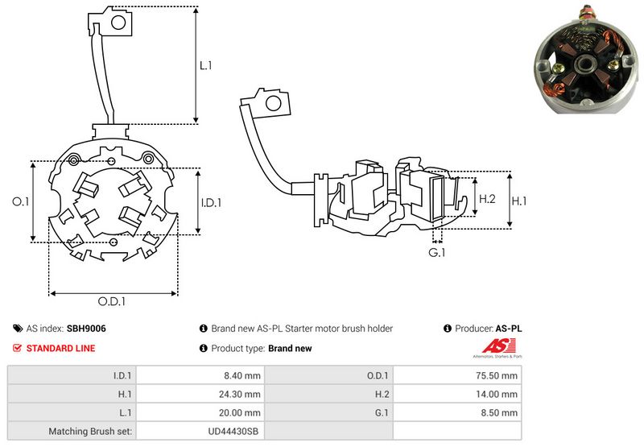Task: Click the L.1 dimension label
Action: click(205, 66)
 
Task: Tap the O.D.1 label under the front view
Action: click(114, 301)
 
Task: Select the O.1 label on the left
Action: click(21, 202)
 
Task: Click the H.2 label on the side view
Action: click(486, 198)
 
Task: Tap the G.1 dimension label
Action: click(437, 253)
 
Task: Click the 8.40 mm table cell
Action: click(243, 375)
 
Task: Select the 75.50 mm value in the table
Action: click(499, 375)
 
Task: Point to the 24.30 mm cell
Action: click(242, 394)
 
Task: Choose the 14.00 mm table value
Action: click(499, 394)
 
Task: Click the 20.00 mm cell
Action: click(242, 412)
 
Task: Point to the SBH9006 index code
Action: click(86, 329)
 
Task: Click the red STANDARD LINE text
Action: click(60, 348)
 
